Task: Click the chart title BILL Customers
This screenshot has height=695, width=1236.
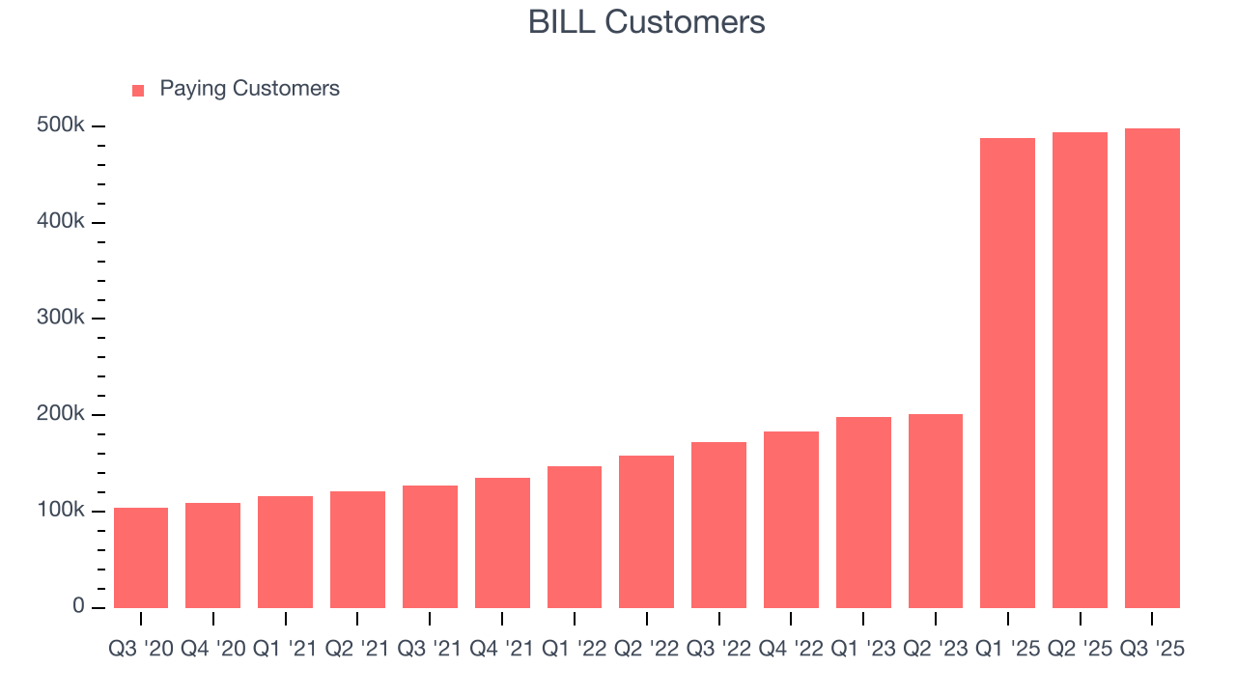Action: [x=646, y=22]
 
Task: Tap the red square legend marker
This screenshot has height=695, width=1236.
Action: [x=138, y=90]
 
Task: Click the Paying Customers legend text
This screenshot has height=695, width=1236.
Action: [x=249, y=89]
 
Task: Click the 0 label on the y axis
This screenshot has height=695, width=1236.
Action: [x=78, y=606]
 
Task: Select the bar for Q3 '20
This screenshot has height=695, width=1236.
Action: [x=141, y=558]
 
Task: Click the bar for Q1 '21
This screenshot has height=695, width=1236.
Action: [x=285, y=552]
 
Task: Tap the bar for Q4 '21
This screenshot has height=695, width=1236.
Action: [x=502, y=542]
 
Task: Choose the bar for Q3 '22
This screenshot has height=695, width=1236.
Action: [x=718, y=525]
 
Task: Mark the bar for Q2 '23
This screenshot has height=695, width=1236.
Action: [x=936, y=511]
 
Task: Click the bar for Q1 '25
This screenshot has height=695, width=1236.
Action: [x=1007, y=373]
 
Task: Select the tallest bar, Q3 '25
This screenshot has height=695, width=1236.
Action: [x=1152, y=368]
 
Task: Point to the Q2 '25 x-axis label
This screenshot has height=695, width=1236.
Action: [x=1080, y=649]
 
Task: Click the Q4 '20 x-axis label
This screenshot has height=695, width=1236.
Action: [x=212, y=649]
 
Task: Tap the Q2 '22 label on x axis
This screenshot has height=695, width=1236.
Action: [x=646, y=649]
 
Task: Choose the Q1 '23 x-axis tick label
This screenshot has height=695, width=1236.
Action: [x=863, y=649]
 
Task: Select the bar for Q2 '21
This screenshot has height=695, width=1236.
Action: [x=357, y=549]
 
